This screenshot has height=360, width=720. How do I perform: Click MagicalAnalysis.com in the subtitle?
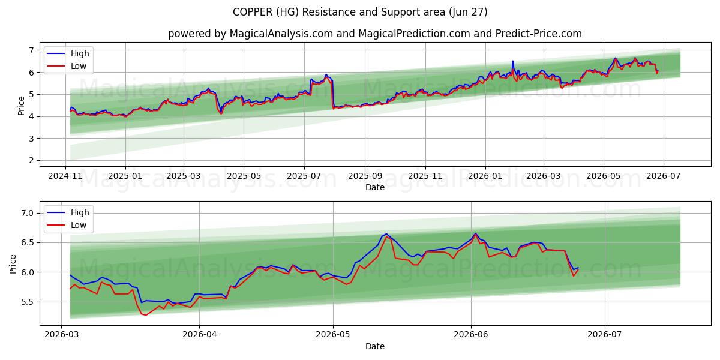[x=281, y=34]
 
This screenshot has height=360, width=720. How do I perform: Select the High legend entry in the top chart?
[x=68, y=53]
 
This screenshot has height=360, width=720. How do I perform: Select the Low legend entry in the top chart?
[x=67, y=66]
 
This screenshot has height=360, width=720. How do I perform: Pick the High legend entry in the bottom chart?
[x=68, y=212]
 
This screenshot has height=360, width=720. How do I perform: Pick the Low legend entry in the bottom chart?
[x=67, y=226]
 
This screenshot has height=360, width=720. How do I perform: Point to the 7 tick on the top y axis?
[x=31, y=50]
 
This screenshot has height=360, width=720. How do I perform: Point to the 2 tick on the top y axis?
[x=31, y=160]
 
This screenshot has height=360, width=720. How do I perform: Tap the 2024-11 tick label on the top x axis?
[x=65, y=176]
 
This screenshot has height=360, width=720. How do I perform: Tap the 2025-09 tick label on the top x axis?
[x=365, y=176]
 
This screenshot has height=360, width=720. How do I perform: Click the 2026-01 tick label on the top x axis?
[x=485, y=176]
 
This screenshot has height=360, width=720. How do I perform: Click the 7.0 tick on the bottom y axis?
[x=28, y=213]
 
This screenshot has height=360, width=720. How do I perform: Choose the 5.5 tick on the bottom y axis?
[x=28, y=302]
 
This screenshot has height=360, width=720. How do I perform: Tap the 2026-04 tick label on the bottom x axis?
[x=200, y=335]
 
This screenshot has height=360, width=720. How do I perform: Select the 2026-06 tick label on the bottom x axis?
[x=471, y=335]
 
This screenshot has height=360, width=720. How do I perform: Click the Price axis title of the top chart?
[x=21, y=106]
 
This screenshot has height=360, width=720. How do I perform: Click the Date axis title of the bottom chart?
[x=375, y=347]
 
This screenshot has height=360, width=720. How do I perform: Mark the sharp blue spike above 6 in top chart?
[x=512, y=61]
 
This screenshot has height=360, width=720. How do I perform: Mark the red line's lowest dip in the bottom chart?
[x=146, y=315]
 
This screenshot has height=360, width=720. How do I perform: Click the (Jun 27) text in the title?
[x=468, y=12]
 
